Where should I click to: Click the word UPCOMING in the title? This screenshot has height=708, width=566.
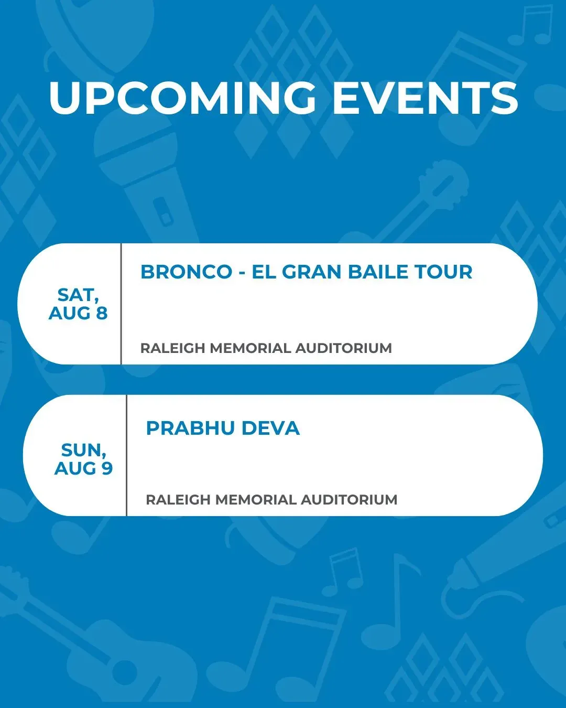click(182, 98)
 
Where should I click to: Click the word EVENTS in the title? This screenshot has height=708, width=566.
click(426, 98)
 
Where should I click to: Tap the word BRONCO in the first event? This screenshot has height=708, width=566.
click(187, 272)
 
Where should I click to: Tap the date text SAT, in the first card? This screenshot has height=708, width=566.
click(78, 295)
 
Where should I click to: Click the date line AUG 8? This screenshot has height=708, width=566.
click(78, 313)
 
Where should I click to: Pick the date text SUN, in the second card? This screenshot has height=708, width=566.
click(84, 450)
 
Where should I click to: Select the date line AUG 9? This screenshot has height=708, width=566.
click(83, 468)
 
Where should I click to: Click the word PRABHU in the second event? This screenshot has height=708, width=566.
click(189, 428)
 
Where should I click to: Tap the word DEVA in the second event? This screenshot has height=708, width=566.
click(270, 428)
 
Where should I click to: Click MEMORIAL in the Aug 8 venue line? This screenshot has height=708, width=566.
click(251, 348)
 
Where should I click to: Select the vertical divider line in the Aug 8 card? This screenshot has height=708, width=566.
click(121, 304)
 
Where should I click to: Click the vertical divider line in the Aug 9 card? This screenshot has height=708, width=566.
click(127, 455)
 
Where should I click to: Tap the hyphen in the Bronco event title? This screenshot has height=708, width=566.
click(242, 273)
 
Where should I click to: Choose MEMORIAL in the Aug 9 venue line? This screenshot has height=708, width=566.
click(256, 500)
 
